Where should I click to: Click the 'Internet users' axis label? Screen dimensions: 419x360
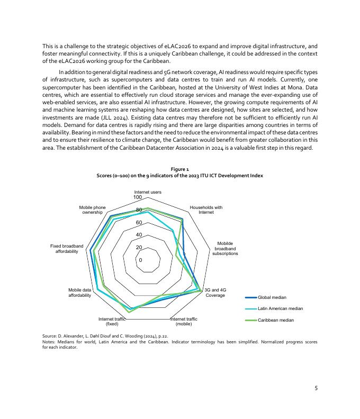(x=148, y=192)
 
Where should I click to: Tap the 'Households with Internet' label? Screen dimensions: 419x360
(x=206, y=210)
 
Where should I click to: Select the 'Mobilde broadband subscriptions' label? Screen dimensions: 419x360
(x=225, y=249)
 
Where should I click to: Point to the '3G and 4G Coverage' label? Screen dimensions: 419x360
(x=215, y=293)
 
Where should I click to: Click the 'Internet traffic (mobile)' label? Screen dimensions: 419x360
(x=184, y=321)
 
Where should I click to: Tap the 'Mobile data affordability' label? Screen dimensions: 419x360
(x=79, y=293)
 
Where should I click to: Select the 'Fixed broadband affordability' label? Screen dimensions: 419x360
(x=67, y=249)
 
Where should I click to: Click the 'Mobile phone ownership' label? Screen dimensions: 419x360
(x=92, y=210)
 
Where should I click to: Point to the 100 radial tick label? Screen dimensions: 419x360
(x=138, y=197)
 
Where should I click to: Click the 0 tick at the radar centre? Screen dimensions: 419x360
(x=140, y=260)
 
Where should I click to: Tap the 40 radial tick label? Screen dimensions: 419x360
(x=139, y=235)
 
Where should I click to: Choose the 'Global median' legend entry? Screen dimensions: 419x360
(x=272, y=297)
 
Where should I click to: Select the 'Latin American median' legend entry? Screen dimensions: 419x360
(x=280, y=308)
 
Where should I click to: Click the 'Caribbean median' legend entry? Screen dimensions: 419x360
(x=275, y=320)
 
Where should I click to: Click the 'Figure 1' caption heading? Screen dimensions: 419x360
(x=179, y=169)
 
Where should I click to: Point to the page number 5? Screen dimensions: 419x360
(x=316, y=388)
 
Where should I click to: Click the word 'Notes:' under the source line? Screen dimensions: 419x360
(x=49, y=342)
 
